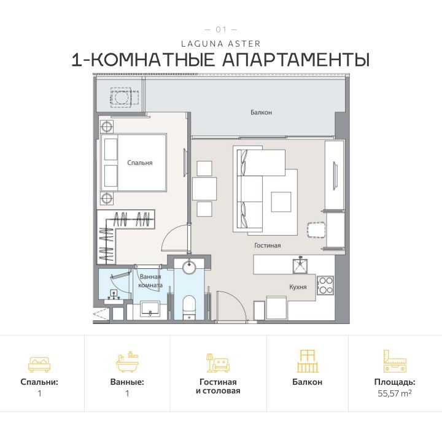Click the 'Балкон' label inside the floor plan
pos(261,112)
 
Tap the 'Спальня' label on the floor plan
pos(139,163)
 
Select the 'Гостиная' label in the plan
pos(267,245)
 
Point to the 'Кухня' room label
pos(298,286)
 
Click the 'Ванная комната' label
pos(150,281)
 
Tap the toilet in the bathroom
pos(188,305)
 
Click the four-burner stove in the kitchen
pos(325,285)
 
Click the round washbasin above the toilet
pos(188,267)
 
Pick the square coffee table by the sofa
pos(281,201)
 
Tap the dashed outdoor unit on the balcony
pos(120,97)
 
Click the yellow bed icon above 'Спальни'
pos(39,363)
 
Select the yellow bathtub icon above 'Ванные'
pos(127,363)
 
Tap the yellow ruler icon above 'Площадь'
pos(395,361)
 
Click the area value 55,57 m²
pos(395,393)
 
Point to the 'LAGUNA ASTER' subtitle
pos(221,44)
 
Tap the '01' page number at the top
pos(221,29)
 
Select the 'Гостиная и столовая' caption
pos(218,386)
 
